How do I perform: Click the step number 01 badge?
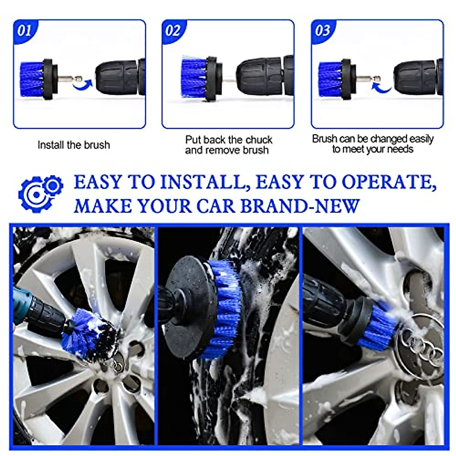(x=24, y=30)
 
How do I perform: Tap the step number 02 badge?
(x=173, y=30)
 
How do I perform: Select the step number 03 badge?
(x=322, y=30)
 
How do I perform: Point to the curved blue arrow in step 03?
(x=381, y=87)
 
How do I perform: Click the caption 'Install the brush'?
(x=74, y=145)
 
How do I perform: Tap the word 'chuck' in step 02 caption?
(x=259, y=140)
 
